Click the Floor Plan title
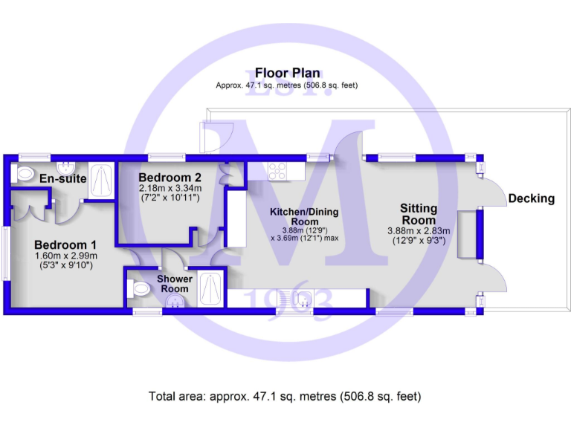[x=287, y=73]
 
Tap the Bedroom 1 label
[x=65, y=244]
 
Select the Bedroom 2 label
[x=170, y=178]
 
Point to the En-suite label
[x=63, y=179]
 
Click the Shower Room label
[x=175, y=284]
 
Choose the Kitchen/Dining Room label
[x=303, y=217]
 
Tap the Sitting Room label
[x=418, y=214]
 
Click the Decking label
[x=532, y=198]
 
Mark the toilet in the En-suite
[x=25, y=175]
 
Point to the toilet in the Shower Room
[x=139, y=289]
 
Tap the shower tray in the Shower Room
[x=211, y=288]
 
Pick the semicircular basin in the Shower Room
[x=175, y=301]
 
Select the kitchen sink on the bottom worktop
[x=303, y=299]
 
